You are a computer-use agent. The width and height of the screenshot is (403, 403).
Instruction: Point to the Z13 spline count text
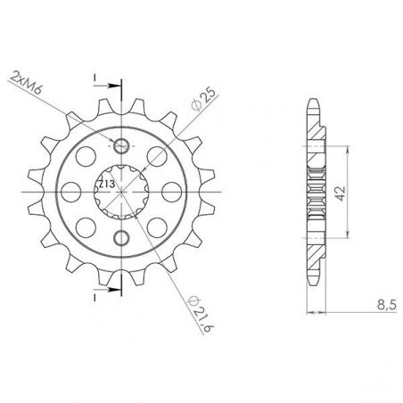click(x=105, y=184)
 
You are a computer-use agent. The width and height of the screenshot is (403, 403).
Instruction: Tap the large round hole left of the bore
click(x=68, y=192)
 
